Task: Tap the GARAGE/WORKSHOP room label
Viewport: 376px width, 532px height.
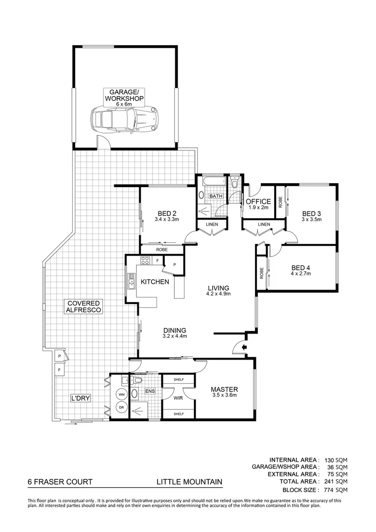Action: point(124,96)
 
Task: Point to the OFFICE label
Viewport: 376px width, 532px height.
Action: point(258,201)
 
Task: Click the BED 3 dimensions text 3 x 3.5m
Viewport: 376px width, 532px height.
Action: point(312,220)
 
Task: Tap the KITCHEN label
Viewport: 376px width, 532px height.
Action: point(155,282)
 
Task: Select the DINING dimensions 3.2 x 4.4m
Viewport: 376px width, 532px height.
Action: point(175,336)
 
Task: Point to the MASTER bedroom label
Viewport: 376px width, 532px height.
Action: point(224,388)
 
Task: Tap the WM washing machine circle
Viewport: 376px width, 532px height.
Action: point(121,395)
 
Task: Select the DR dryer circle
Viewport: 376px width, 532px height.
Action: point(121,407)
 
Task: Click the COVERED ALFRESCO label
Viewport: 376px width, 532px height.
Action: point(84,306)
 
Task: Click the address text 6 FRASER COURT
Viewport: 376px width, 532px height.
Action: point(60,482)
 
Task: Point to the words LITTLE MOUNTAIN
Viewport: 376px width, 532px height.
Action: point(189,482)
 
